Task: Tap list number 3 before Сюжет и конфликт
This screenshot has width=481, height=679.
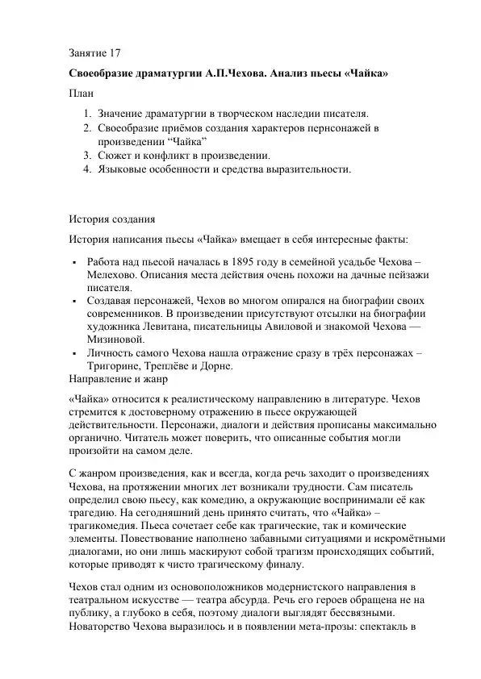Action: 88,156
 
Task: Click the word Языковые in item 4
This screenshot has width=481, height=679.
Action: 125,169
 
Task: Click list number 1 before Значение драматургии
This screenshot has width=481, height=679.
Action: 88,115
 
